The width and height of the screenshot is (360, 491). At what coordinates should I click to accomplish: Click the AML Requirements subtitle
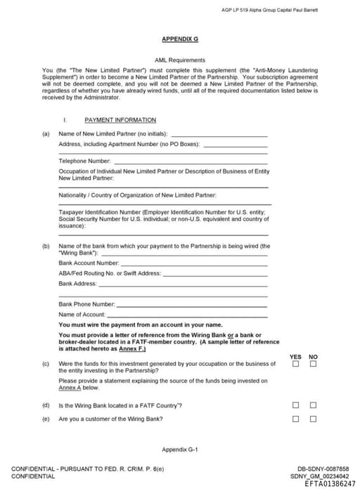pos(179,60)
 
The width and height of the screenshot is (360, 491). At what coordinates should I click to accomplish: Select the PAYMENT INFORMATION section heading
pos(120,120)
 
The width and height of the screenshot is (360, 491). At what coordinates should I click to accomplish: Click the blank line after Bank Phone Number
pos(191,304)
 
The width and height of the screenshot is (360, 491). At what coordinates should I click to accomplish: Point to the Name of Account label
pos(82,314)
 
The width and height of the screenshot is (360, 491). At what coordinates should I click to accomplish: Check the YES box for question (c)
pos(296,364)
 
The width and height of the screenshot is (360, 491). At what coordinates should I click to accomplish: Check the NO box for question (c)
pos(314,364)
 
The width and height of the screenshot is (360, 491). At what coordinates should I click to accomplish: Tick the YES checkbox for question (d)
pos(296,405)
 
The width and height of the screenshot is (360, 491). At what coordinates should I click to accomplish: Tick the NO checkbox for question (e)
pos(314,419)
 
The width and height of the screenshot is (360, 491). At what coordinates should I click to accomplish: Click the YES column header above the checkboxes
pos(296,356)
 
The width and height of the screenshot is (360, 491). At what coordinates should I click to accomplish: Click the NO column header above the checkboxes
pos(314,356)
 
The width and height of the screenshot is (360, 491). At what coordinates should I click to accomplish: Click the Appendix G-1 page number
pos(179,449)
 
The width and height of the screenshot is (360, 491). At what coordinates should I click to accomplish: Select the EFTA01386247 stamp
pos(330,484)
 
